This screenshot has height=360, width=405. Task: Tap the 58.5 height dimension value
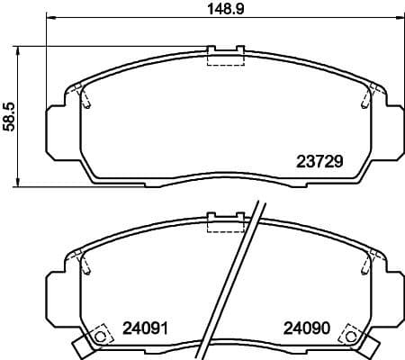[10, 116]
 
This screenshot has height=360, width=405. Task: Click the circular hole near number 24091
[101, 337]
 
